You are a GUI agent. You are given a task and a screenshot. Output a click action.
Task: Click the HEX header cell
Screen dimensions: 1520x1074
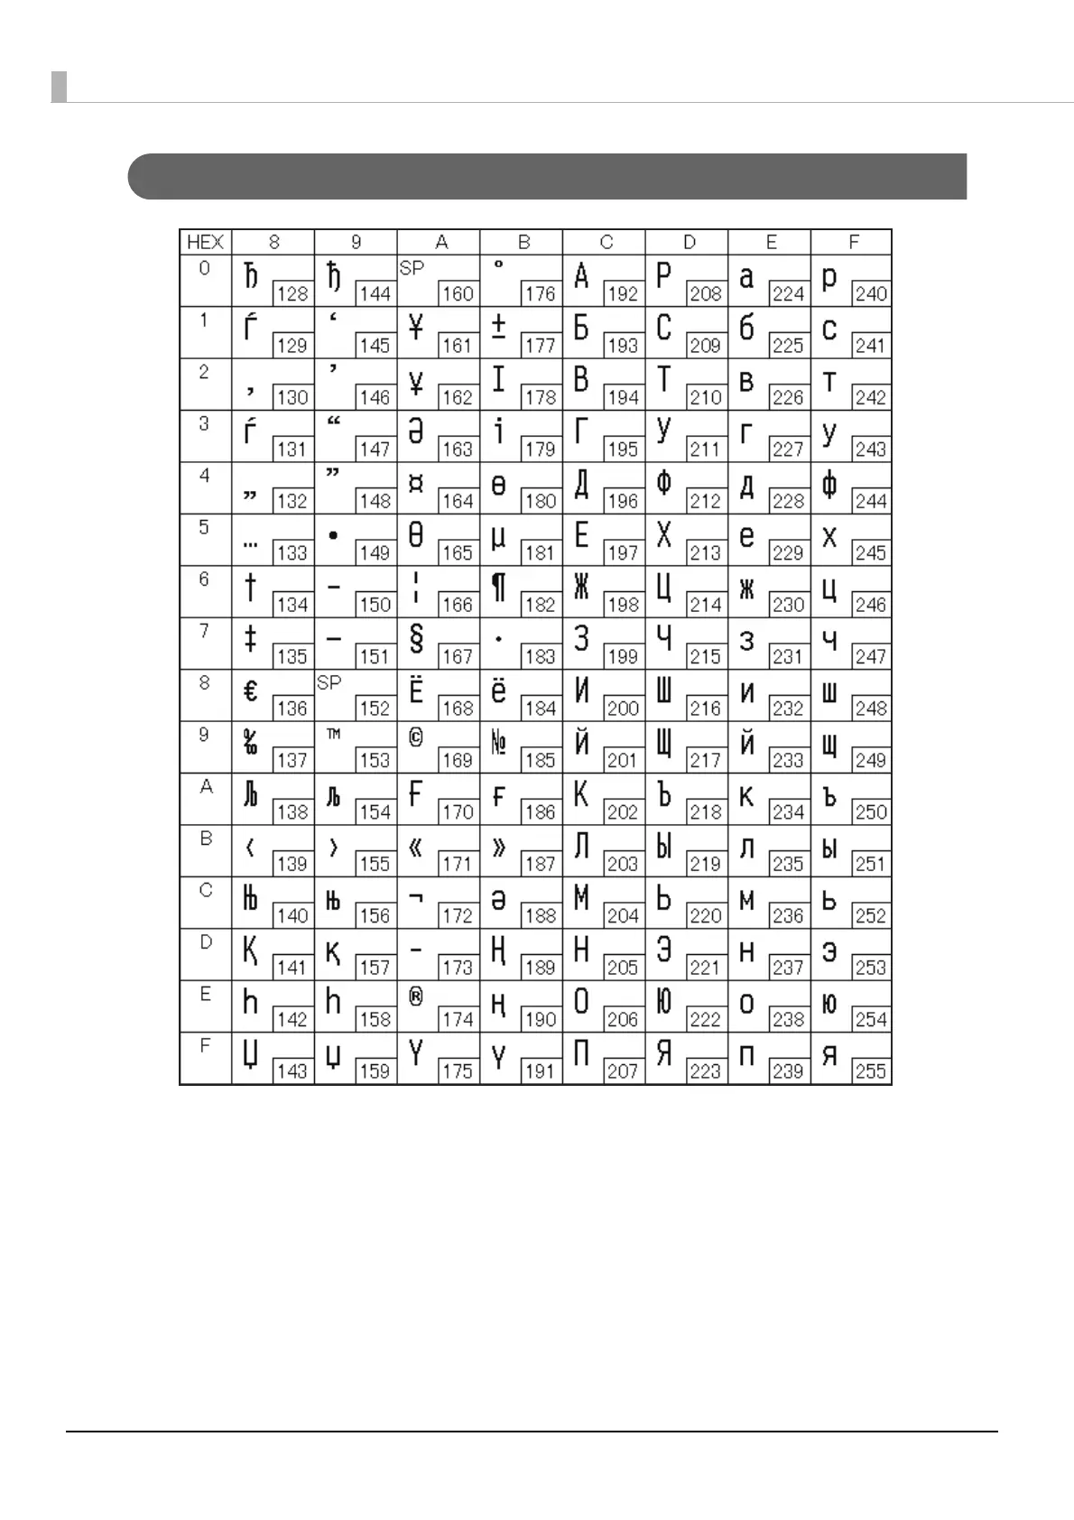click(x=205, y=242)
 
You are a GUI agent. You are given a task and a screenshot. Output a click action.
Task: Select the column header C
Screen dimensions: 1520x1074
click(x=606, y=242)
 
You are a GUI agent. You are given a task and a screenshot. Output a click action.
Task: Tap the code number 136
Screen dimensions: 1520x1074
click(x=292, y=709)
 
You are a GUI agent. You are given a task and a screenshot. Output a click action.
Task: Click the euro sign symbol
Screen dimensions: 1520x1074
click(x=251, y=691)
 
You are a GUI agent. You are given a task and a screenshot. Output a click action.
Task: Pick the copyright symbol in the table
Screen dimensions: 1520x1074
click(x=416, y=737)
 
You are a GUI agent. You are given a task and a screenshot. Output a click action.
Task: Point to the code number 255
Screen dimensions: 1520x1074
click(x=871, y=1071)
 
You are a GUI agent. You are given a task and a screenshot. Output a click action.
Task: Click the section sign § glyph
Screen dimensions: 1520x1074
click(x=416, y=639)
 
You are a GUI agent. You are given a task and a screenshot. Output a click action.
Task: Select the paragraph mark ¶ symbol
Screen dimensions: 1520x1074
click(x=498, y=588)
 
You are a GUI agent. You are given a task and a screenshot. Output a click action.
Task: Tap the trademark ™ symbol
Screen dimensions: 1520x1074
click(x=333, y=734)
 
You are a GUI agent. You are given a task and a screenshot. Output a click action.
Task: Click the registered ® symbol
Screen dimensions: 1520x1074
click(x=416, y=996)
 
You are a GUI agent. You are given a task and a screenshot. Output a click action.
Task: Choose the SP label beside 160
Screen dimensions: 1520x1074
click(x=412, y=268)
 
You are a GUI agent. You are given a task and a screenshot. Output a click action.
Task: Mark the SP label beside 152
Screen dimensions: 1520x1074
click(x=329, y=682)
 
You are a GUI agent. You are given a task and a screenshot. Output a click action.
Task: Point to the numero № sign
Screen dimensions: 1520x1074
click(x=498, y=743)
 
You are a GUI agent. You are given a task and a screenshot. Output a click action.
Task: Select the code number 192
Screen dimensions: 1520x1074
click(x=623, y=293)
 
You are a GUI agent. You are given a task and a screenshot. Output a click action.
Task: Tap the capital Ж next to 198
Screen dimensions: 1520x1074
click(x=581, y=588)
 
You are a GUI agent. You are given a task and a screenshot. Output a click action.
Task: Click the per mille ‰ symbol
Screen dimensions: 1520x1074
click(x=251, y=743)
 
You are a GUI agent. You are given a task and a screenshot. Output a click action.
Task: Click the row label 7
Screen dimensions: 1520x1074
click(x=205, y=631)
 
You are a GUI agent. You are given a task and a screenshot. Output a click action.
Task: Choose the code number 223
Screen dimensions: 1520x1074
click(x=705, y=1071)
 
